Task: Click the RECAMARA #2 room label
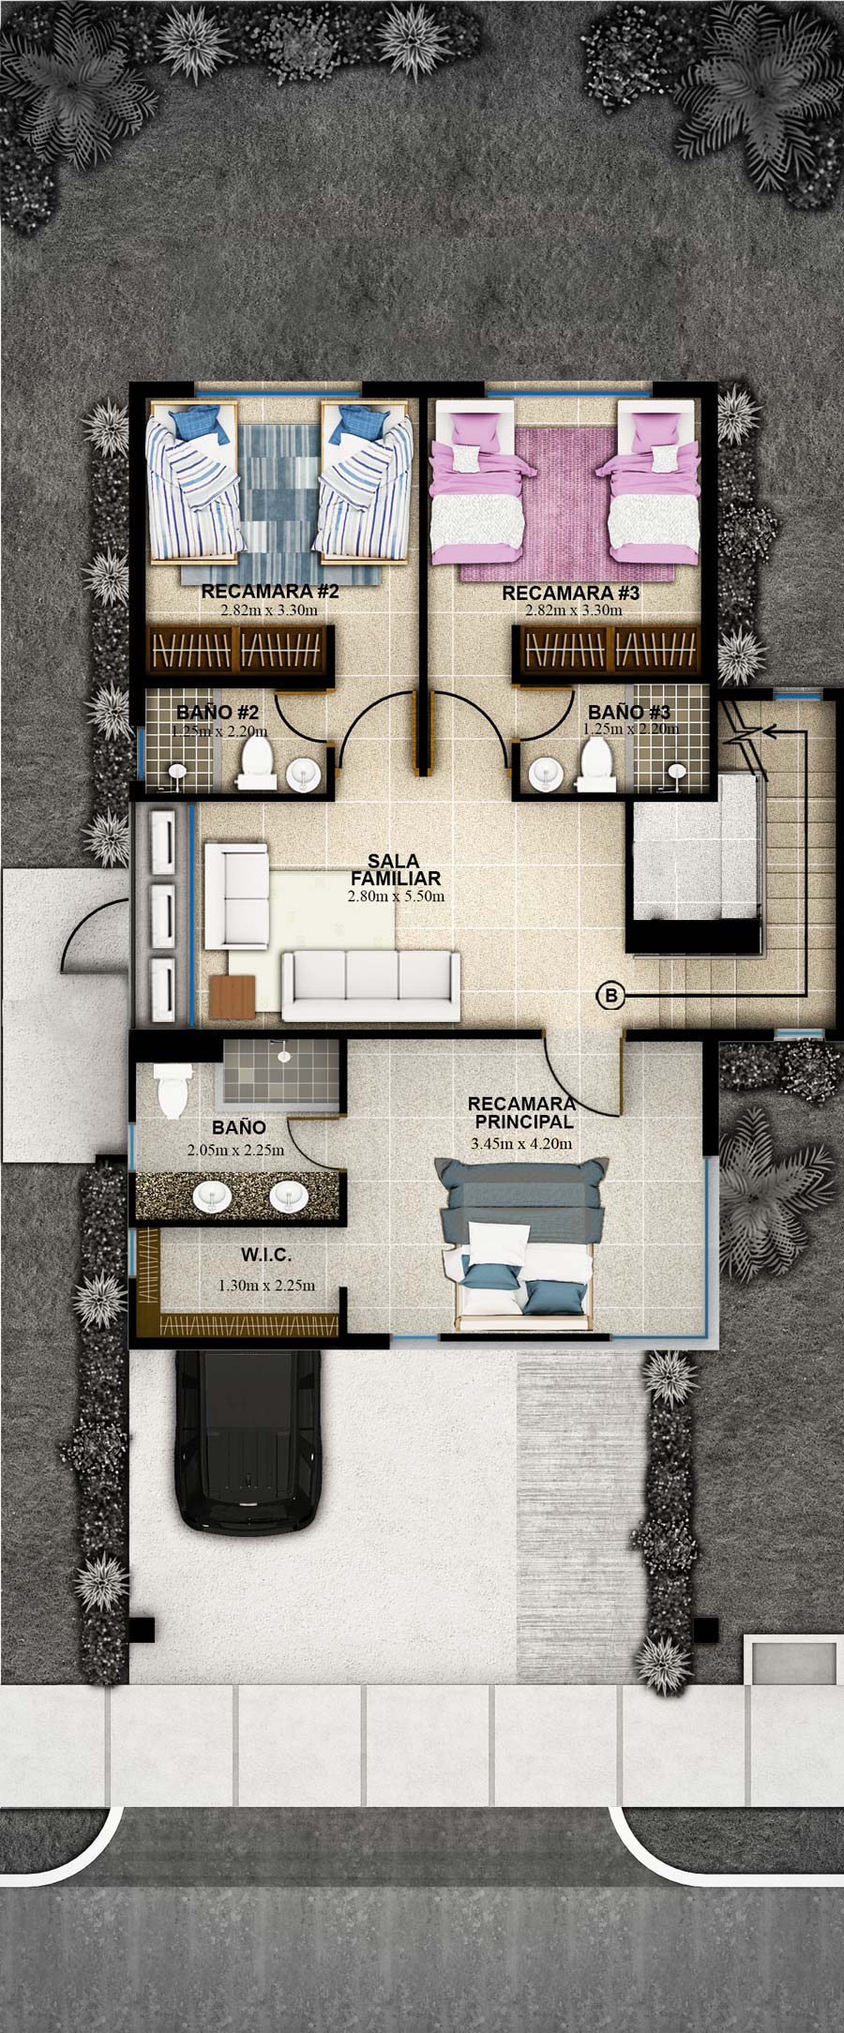pos(270,593)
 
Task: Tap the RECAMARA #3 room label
pos(571,593)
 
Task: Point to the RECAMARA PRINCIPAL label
pos(521,1113)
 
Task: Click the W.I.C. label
pos(265,1254)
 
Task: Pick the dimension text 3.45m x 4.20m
pos(521,1144)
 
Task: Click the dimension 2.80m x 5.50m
pos(396,896)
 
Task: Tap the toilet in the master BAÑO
pos(172,1090)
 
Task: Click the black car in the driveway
pos(249,1441)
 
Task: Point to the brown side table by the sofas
pos(234,996)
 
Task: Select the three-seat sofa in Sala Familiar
pos(371,986)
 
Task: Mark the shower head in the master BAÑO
pos(281,1054)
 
